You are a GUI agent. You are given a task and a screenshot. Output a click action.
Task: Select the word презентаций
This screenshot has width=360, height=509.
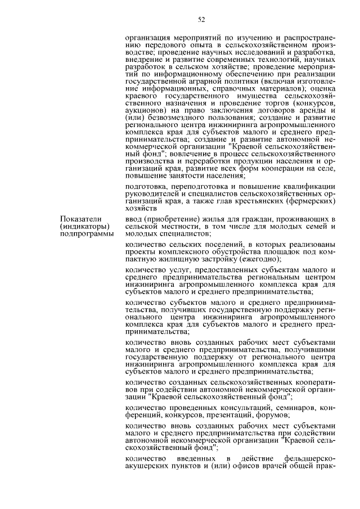(x=232, y=415)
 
